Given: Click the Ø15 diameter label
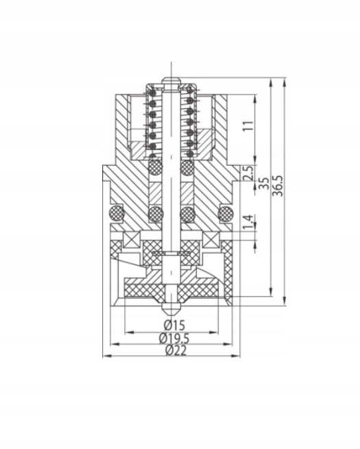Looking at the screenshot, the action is tap(174, 326).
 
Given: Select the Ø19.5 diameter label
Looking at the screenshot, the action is tap(174, 338).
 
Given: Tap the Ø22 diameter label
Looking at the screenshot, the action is tap(176, 350).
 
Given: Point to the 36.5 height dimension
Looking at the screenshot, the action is tap(278, 186).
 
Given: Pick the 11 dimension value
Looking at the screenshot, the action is tap(248, 126).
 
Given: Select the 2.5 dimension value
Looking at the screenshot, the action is tap(248, 173).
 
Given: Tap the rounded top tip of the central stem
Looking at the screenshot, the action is tap(171, 80).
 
